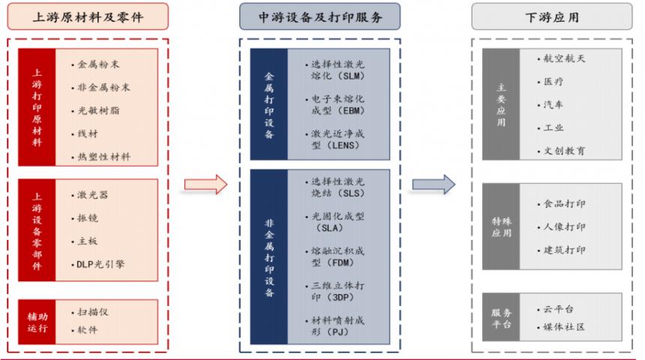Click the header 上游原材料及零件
[x=88, y=16]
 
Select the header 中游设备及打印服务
[x=320, y=16]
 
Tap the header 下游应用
[x=551, y=17]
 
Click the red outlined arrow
[x=205, y=184]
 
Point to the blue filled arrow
[x=433, y=184]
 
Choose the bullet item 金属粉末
[x=98, y=64]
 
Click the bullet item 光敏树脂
[x=98, y=110]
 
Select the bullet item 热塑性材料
[x=103, y=157]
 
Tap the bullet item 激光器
[x=92, y=194]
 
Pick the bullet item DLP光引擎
[x=100, y=264]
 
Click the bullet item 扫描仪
[x=92, y=312]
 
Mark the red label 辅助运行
[x=37, y=322]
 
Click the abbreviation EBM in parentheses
[x=353, y=111]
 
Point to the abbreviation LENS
[x=346, y=145]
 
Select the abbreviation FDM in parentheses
[x=341, y=262]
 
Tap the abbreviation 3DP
[x=340, y=297]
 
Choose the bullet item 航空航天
[x=564, y=58]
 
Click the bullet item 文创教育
[x=564, y=151]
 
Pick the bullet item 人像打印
[x=564, y=226]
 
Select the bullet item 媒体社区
[x=564, y=327]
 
